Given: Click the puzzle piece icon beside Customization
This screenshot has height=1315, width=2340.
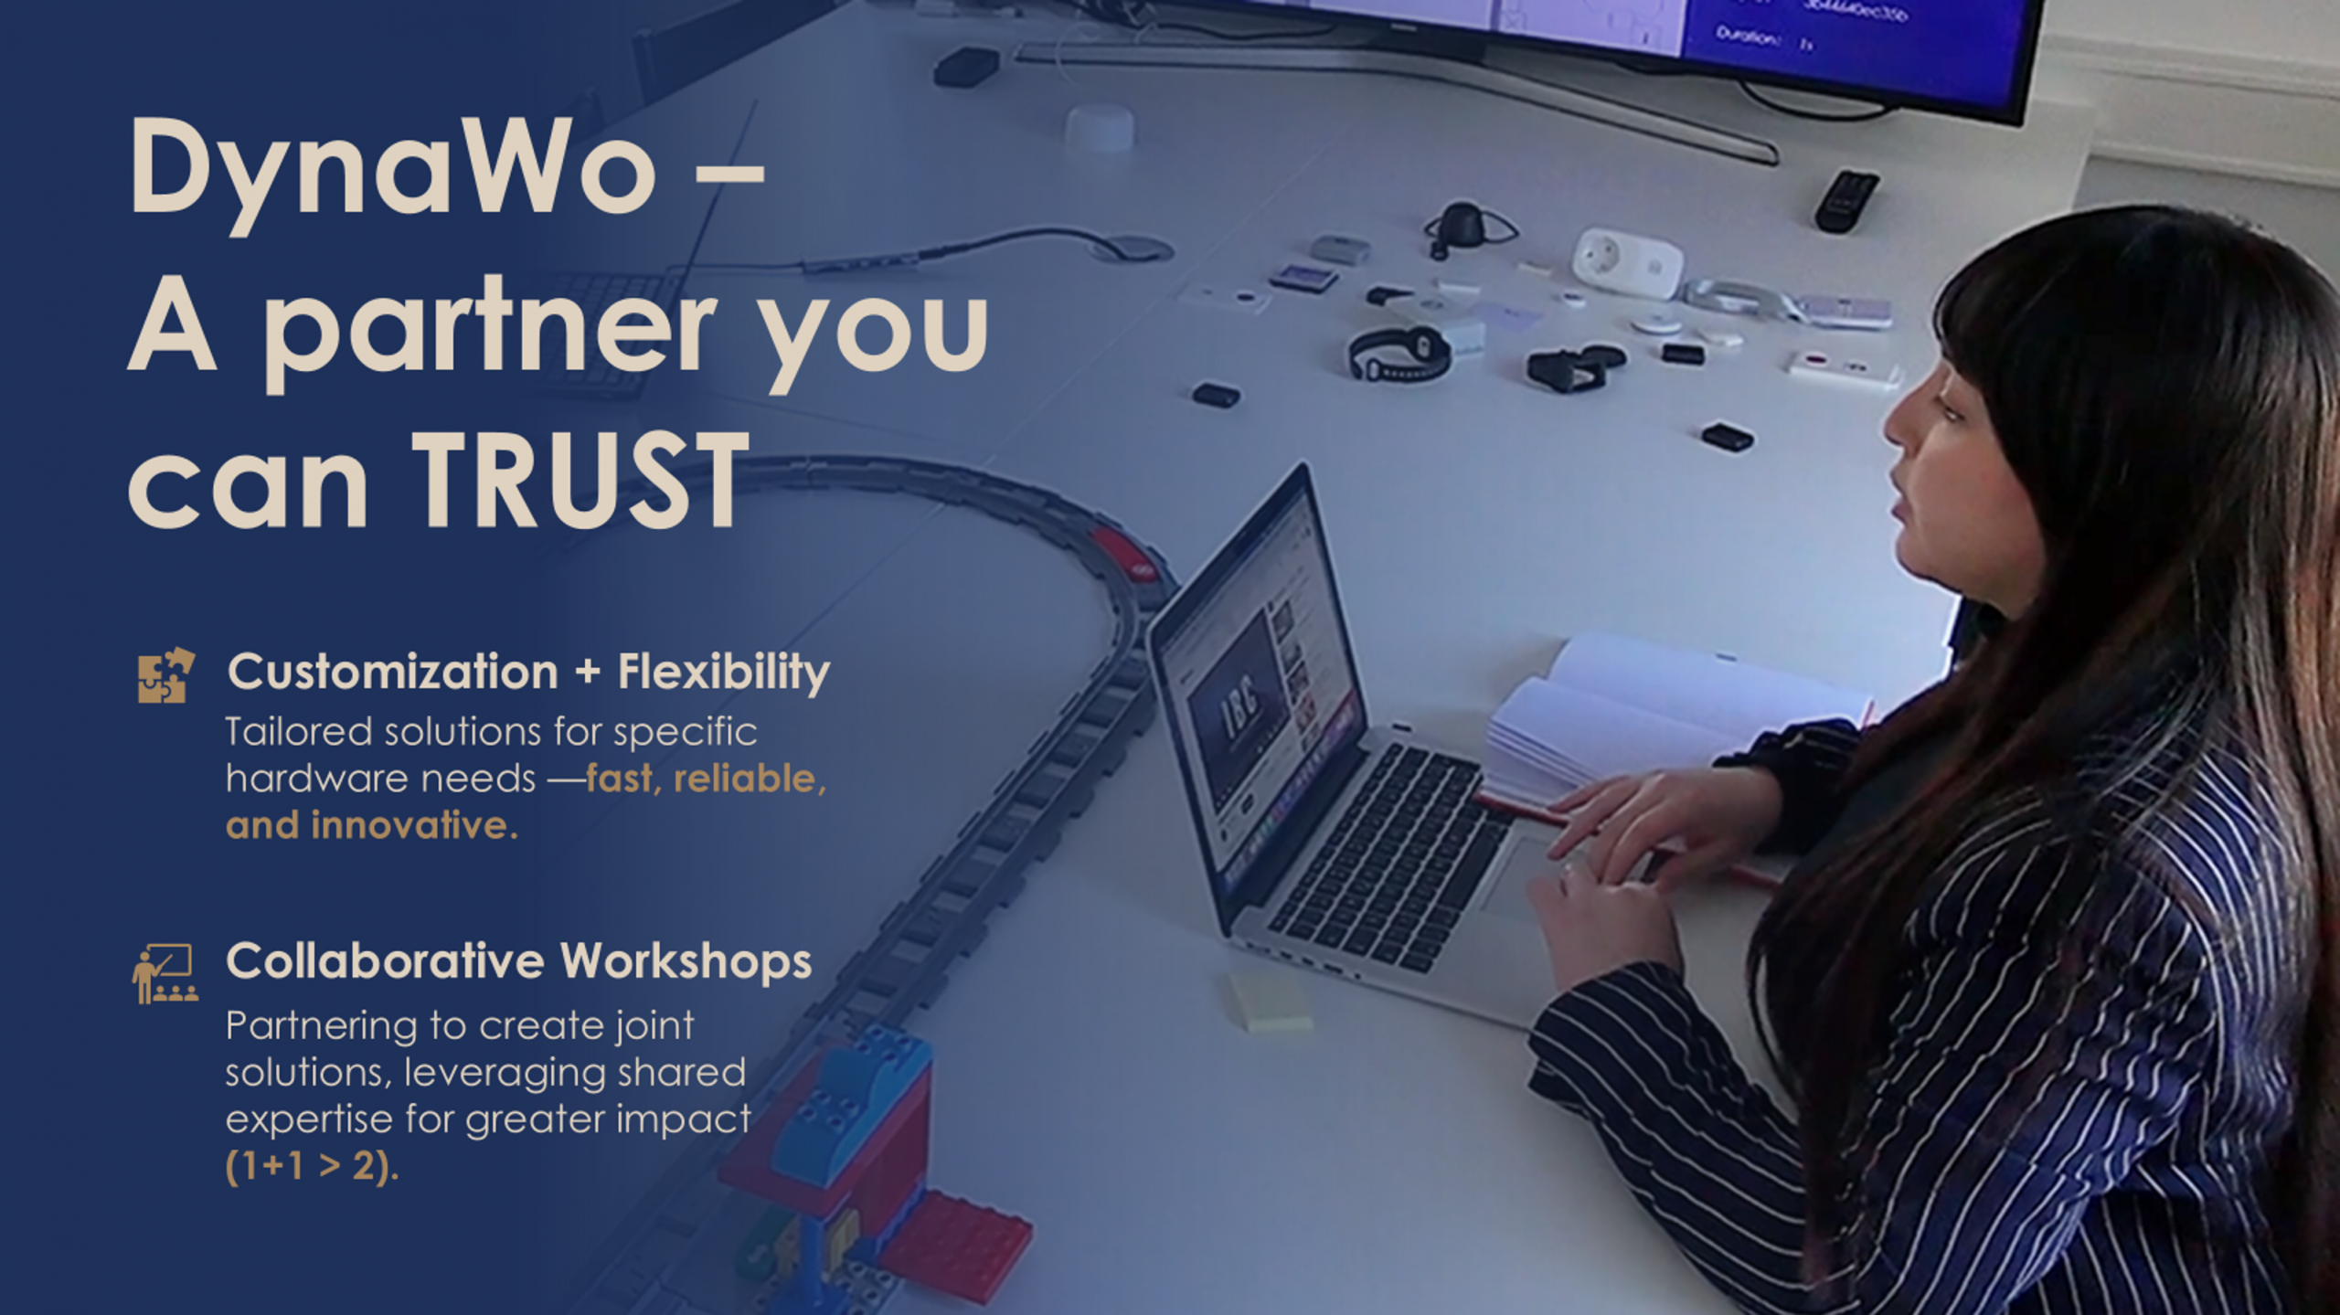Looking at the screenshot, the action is (x=165, y=675).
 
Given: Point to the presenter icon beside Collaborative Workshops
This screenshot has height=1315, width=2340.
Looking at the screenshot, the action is (x=165, y=973).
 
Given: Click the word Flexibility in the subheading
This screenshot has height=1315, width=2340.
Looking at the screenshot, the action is (x=724, y=673).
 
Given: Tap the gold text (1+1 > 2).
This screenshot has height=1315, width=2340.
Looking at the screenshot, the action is (x=312, y=1166).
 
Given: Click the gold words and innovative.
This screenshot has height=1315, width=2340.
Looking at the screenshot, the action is (x=371, y=825).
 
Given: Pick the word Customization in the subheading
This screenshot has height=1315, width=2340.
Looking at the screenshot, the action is (x=393, y=672).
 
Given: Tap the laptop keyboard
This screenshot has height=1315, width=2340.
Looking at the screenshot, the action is (x=1389, y=854).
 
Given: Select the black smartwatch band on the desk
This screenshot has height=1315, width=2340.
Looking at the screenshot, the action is (x=1399, y=354).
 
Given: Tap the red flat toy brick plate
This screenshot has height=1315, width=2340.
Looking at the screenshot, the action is (x=955, y=1245).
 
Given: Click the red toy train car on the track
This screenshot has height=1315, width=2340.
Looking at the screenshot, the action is (x=1126, y=554).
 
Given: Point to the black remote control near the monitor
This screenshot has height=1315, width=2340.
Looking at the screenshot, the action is (x=1846, y=201).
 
